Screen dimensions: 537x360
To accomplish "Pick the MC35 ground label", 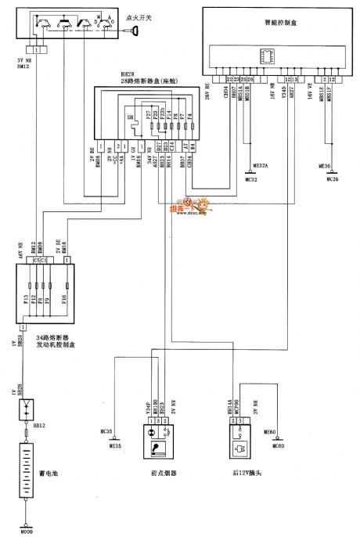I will click(107, 430).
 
